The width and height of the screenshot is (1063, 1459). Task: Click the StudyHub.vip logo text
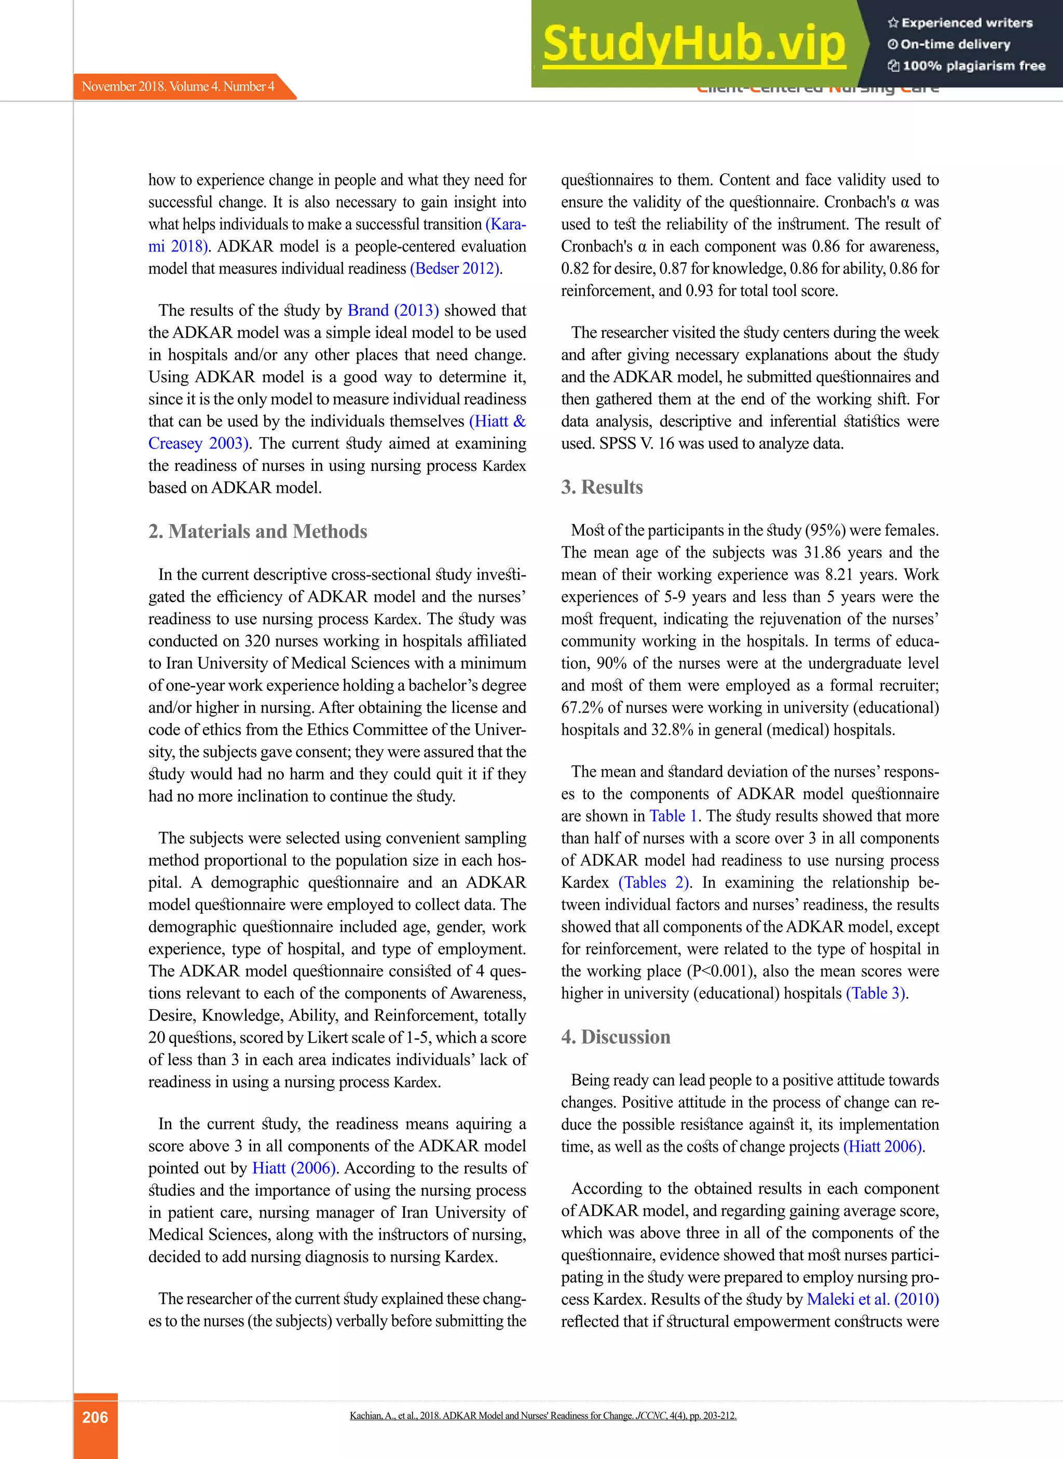point(693,44)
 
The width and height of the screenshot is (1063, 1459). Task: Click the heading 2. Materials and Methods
point(257,532)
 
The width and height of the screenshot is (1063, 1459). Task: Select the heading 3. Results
point(602,487)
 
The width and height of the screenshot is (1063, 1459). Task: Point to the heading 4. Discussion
point(615,1037)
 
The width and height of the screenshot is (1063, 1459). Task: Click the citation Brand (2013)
point(392,311)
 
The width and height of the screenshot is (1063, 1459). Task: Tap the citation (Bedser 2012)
point(456,269)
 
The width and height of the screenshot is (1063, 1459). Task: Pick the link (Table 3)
point(876,993)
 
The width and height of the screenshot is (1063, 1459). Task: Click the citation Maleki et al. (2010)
point(873,1300)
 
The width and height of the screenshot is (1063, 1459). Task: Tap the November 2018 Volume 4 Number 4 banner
point(178,86)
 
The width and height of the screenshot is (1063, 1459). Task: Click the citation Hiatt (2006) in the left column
point(293,1168)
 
